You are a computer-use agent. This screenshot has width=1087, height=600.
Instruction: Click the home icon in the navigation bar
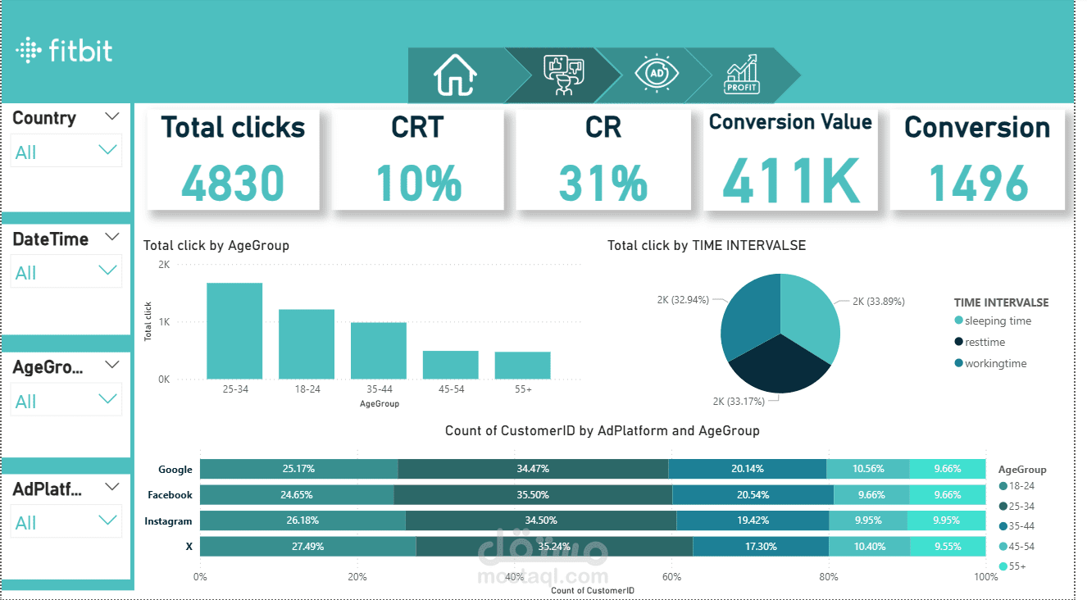(x=455, y=75)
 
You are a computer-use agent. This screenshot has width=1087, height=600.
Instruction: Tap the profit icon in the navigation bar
(x=742, y=75)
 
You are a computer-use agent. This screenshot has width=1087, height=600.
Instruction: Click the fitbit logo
(x=64, y=51)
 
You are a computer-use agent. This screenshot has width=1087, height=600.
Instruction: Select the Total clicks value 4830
(x=233, y=183)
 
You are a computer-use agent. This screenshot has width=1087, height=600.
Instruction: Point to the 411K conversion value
(x=790, y=182)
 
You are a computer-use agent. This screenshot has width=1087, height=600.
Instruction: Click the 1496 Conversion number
(x=978, y=183)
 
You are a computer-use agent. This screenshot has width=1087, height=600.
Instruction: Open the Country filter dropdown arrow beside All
(x=107, y=150)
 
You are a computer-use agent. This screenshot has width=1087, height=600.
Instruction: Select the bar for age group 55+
(x=522, y=365)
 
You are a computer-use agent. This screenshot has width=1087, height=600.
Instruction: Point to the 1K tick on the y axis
(x=164, y=322)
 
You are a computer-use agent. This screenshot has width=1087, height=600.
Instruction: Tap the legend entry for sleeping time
(x=998, y=321)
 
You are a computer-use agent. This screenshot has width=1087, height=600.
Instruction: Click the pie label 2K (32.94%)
(x=683, y=300)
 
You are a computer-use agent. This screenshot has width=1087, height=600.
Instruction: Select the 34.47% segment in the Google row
(x=533, y=469)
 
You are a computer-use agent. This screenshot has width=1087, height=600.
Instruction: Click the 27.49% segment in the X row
(x=307, y=546)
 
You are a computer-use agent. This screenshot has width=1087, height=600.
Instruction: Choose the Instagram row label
(x=168, y=521)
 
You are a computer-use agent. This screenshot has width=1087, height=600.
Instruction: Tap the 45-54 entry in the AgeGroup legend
(x=1021, y=547)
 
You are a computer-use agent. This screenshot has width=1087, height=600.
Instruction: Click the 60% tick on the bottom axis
(x=671, y=577)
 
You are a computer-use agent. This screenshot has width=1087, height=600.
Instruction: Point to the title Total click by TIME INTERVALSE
(x=706, y=245)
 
